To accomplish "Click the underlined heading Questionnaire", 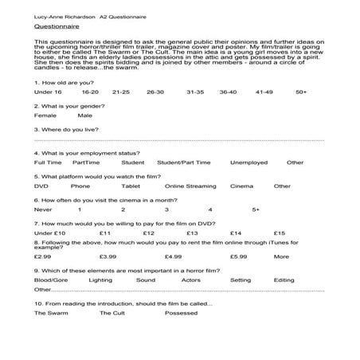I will tap(52, 26).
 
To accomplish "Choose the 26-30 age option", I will tap(155, 92).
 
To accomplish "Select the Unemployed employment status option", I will tap(248, 162).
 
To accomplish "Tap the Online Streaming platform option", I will tap(190, 186).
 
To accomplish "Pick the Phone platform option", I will tap(80, 186).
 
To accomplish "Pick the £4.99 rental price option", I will tap(173, 256).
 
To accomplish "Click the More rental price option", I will tap(281, 256).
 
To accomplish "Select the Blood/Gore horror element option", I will tap(52, 280).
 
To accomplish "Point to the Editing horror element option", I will tap(284, 280).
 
